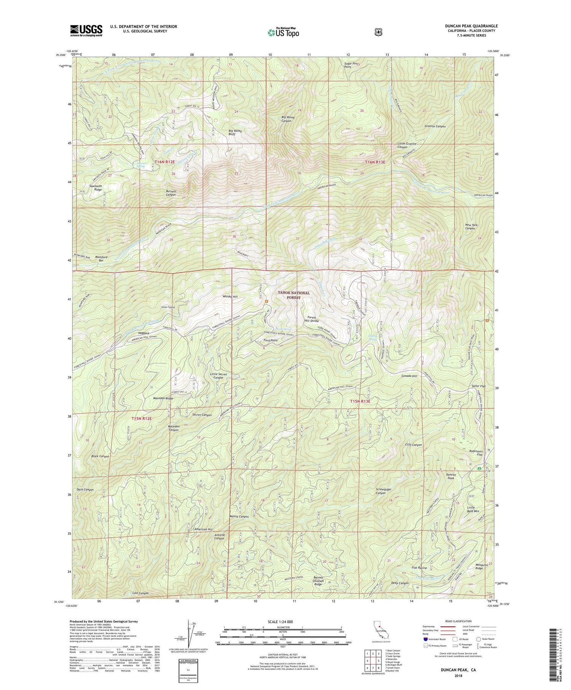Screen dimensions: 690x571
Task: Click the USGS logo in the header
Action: click(x=86, y=30)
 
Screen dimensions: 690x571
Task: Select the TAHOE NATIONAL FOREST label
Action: click(x=293, y=295)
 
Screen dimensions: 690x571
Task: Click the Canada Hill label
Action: click(x=409, y=376)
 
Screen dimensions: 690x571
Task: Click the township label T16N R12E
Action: click(x=164, y=162)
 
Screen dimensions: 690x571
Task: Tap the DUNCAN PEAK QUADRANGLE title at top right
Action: click(x=471, y=26)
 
